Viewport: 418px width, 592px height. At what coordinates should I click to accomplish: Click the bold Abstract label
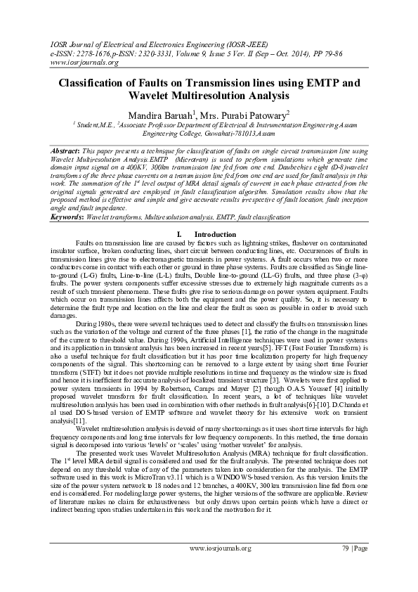[x=67, y=151]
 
